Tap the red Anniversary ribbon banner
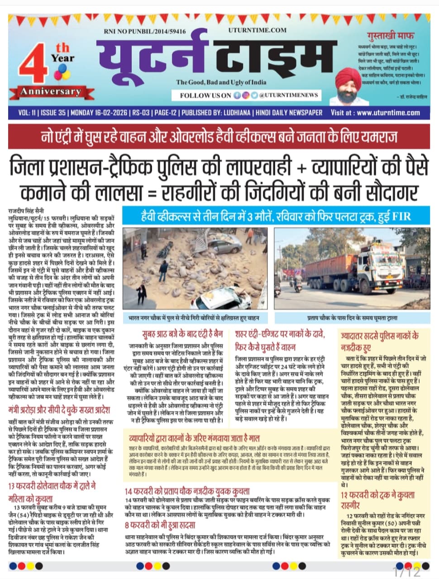tap(50, 92)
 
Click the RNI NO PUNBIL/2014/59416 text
tap(144, 31)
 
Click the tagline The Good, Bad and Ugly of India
tap(221, 82)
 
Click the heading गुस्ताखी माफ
tap(391, 35)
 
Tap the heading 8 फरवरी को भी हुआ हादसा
tap(160, 525)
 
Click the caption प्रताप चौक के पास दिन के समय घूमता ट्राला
tap(353, 318)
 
